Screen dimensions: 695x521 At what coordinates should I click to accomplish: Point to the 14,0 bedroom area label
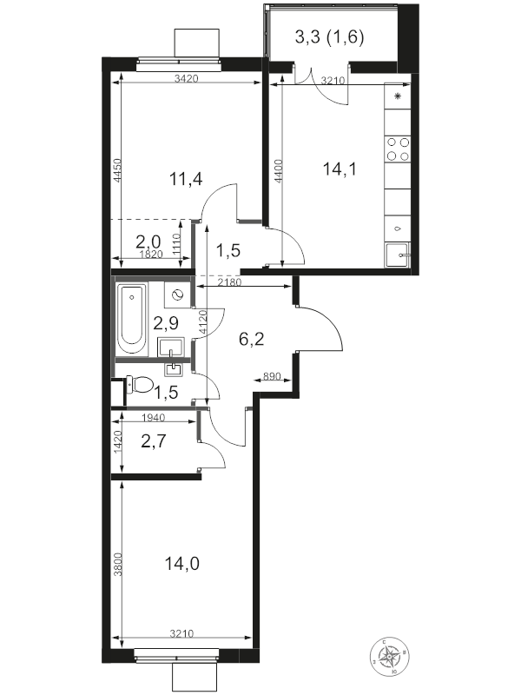point(181,564)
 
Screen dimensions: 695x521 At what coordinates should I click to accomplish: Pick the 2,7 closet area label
point(153,443)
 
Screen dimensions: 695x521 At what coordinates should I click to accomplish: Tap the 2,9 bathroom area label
point(166,324)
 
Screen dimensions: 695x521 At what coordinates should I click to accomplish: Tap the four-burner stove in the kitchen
point(399,149)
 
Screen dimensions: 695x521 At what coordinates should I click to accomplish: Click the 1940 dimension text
point(153,418)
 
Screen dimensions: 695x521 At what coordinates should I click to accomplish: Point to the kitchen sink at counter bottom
point(398,255)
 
